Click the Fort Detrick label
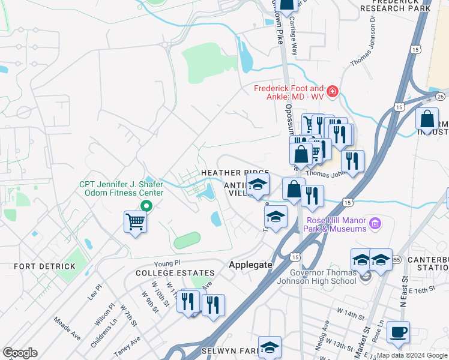click(x=35, y=265)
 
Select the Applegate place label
click(x=251, y=264)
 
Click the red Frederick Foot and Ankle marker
click(x=332, y=92)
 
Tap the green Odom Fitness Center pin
click(x=145, y=206)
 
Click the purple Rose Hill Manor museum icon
click(x=375, y=224)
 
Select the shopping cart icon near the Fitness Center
click(x=136, y=221)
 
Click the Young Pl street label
click(x=167, y=263)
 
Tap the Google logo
click(x=20, y=353)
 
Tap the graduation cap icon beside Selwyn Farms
click(x=270, y=346)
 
